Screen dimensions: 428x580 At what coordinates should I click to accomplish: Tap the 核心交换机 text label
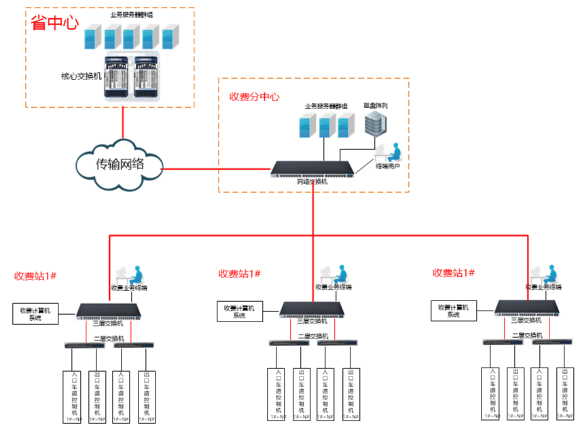[x=81, y=76]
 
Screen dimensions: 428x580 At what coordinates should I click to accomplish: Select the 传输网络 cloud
[x=120, y=163]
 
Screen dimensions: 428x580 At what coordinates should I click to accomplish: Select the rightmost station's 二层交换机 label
[x=527, y=335]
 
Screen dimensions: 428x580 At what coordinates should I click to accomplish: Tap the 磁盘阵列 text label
[x=376, y=106]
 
